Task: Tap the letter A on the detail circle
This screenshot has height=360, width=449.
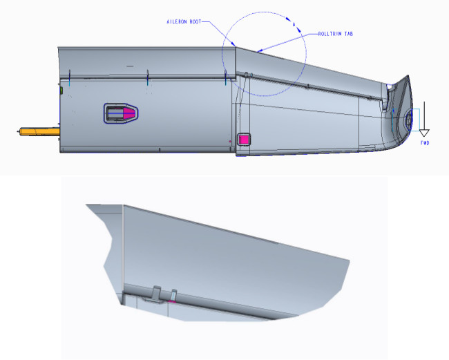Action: click(x=294, y=25)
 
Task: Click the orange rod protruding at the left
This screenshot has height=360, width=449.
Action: click(x=39, y=130)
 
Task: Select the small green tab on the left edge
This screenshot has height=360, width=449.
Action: click(x=61, y=90)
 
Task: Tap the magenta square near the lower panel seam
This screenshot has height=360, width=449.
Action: click(x=243, y=139)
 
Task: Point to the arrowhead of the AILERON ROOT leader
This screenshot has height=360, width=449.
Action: click(x=236, y=47)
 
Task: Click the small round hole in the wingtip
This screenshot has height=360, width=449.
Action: click(x=408, y=119)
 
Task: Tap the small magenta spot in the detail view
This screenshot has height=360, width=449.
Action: click(x=173, y=302)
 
